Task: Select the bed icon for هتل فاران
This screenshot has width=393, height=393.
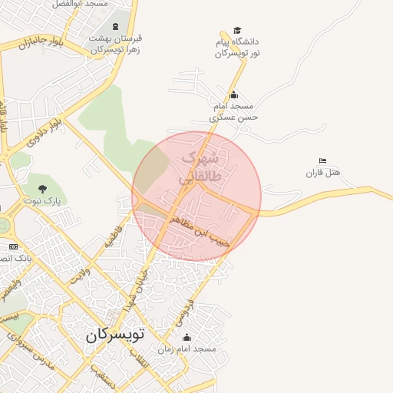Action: [x=322, y=160]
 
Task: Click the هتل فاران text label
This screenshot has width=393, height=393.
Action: [x=322, y=173]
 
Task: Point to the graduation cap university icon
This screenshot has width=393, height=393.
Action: [x=236, y=30]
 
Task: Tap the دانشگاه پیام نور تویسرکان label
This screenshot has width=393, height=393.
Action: [x=237, y=48]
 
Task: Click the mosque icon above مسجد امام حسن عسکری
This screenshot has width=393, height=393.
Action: [x=233, y=95]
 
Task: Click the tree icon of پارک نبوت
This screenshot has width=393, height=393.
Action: [x=41, y=188]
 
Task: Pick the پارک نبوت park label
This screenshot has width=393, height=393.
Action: [x=41, y=201]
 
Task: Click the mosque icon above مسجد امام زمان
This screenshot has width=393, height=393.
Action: [x=187, y=336]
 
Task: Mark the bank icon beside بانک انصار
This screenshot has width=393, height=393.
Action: [x=13, y=246]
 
